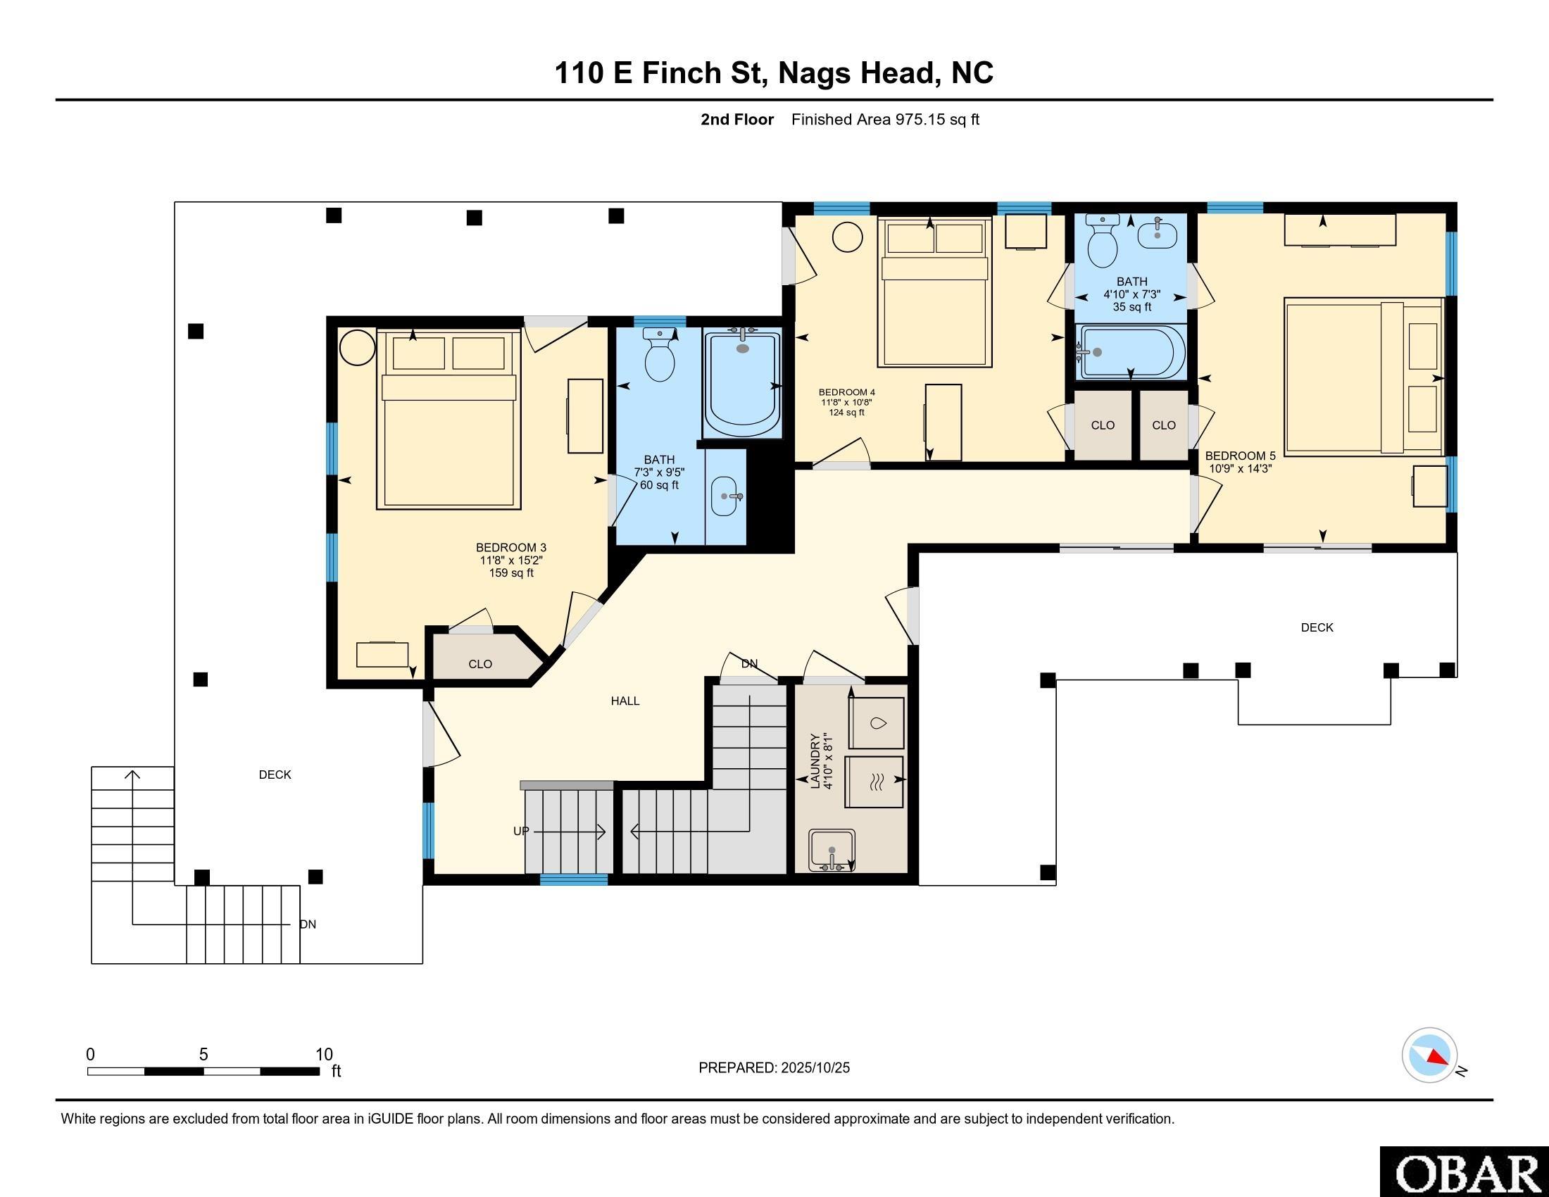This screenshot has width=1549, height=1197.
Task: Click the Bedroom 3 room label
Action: (510, 547)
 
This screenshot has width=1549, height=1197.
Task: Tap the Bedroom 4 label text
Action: (847, 392)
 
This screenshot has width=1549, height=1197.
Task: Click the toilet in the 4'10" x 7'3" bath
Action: (1102, 241)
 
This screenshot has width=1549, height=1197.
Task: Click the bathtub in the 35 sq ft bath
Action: (1131, 353)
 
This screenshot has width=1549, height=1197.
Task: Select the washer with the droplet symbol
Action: (877, 723)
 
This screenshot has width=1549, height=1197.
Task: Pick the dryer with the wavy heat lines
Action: (874, 782)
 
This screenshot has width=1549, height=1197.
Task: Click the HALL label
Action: (625, 701)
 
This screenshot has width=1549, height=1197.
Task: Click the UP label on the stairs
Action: (521, 831)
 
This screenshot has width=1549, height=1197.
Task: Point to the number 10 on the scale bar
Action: (324, 1055)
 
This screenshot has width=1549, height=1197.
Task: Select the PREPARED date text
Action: (774, 1068)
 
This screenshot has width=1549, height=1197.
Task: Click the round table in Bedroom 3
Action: (357, 347)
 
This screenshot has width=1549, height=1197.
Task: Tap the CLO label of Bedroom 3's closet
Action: (480, 665)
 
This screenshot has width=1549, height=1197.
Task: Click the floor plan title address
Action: (774, 73)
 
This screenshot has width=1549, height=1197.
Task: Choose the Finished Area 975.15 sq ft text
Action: (885, 120)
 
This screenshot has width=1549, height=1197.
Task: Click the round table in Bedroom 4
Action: (847, 237)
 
